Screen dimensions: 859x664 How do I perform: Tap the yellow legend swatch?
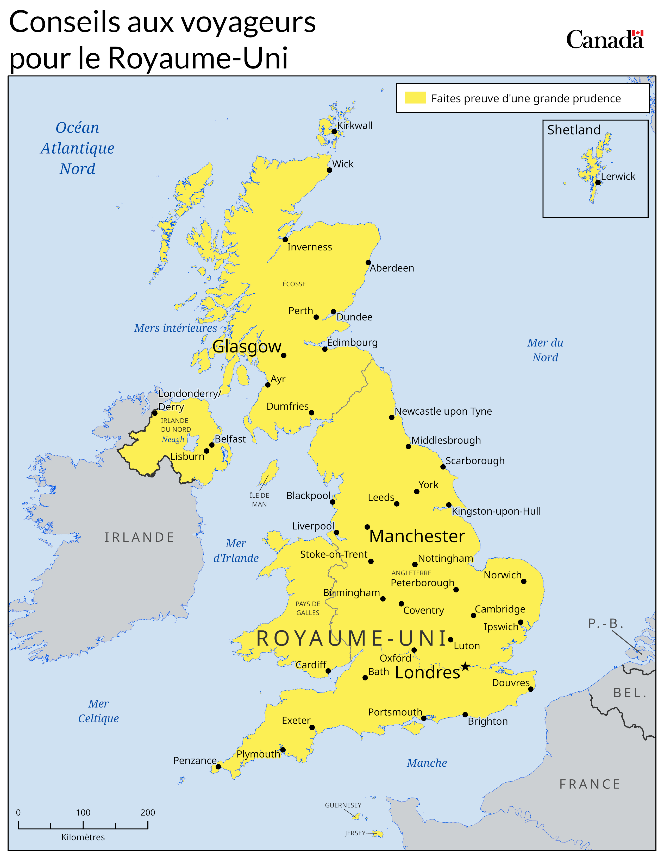point(415,98)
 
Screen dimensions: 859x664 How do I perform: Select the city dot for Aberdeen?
point(368,262)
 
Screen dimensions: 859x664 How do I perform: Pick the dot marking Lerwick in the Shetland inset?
point(598,182)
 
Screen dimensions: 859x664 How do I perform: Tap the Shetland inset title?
point(574,130)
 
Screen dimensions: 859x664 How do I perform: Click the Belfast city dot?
point(212,445)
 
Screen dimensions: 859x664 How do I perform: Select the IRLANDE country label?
point(139,537)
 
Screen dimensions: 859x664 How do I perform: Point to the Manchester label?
point(417,536)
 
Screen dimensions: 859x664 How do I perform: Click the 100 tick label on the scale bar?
point(83,812)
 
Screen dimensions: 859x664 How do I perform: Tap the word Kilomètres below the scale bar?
point(83,837)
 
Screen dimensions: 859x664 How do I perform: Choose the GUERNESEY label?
point(343,805)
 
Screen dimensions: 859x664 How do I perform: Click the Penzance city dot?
point(218,767)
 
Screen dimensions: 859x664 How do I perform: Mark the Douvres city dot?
point(531,689)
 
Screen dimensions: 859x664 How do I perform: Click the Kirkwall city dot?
point(334,131)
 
